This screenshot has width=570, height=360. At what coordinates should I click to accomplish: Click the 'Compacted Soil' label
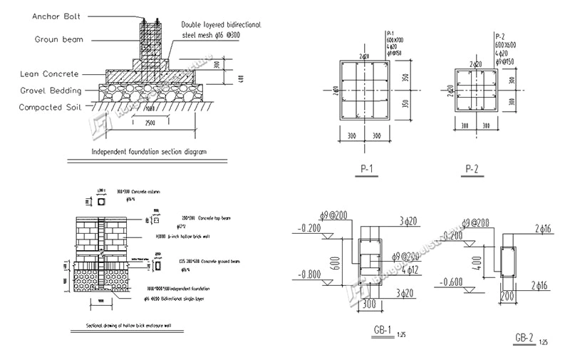[x=50, y=107]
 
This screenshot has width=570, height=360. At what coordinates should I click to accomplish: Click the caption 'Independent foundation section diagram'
[x=148, y=152]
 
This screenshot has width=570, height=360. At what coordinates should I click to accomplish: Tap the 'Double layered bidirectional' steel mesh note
[x=221, y=24]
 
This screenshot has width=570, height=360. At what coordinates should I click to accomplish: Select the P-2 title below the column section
[x=472, y=169]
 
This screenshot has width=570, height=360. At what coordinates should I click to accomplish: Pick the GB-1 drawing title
[x=383, y=331]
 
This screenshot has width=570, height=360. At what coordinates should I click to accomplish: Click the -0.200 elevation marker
[x=311, y=229]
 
